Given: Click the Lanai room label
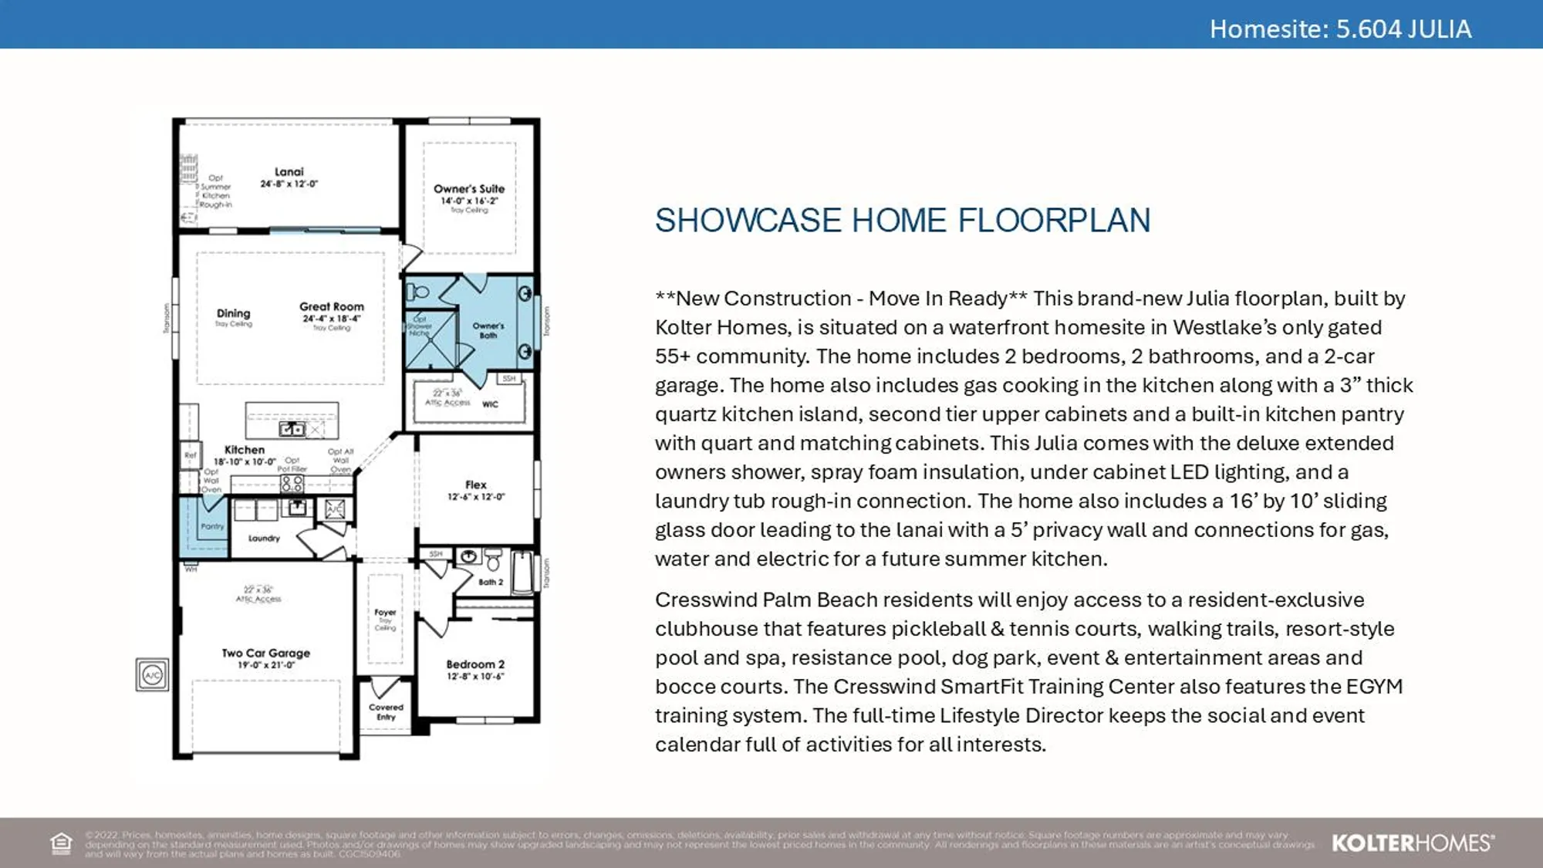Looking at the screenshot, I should click(289, 172).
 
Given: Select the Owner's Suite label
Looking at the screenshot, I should click(469, 189).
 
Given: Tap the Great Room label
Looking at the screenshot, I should click(332, 306).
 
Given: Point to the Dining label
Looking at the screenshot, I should click(233, 313).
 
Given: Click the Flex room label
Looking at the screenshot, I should click(476, 485).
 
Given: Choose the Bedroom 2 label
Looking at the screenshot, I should click(475, 664).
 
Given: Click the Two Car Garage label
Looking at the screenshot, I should click(266, 653).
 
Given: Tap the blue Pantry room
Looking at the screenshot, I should click(204, 527).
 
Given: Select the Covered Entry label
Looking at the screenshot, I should click(386, 711).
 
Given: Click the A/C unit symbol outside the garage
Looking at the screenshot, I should click(153, 675).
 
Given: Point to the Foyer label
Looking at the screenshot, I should click(385, 613).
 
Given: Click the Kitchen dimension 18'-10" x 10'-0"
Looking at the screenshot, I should click(245, 462).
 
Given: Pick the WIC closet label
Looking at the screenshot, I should click(490, 404).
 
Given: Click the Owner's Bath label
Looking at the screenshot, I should click(488, 330).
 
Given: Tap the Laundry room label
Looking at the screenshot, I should click(264, 539).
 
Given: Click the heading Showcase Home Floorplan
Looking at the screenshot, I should click(902, 221).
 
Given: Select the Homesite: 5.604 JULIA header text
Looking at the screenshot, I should click(1339, 29).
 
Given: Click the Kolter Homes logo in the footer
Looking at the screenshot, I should click(1413, 843).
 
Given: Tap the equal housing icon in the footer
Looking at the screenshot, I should click(61, 843).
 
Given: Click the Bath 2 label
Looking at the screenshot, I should click(490, 583).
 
